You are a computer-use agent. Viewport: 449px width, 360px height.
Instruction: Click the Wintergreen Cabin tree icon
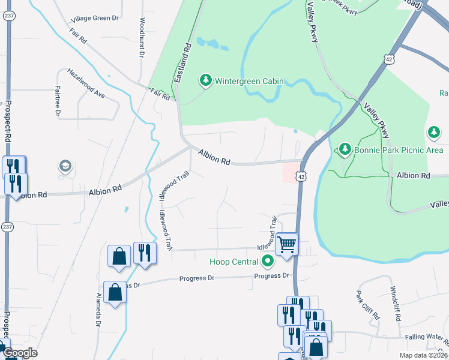coord(206,80)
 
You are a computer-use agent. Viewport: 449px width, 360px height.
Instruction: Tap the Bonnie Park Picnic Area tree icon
coord(345,148)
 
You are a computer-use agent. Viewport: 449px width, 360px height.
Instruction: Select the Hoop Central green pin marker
coord(268,261)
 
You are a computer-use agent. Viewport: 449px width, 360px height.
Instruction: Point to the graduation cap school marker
coord(65,166)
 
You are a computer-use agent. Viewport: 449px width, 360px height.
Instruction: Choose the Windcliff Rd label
coord(396,303)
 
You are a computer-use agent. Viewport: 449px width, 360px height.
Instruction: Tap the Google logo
coord(20,353)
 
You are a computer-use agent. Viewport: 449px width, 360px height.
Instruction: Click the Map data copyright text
coord(424,355)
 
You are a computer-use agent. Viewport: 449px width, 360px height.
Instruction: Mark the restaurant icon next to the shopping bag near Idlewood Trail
coord(145,253)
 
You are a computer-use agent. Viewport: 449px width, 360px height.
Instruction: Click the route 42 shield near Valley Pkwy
coord(389,59)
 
